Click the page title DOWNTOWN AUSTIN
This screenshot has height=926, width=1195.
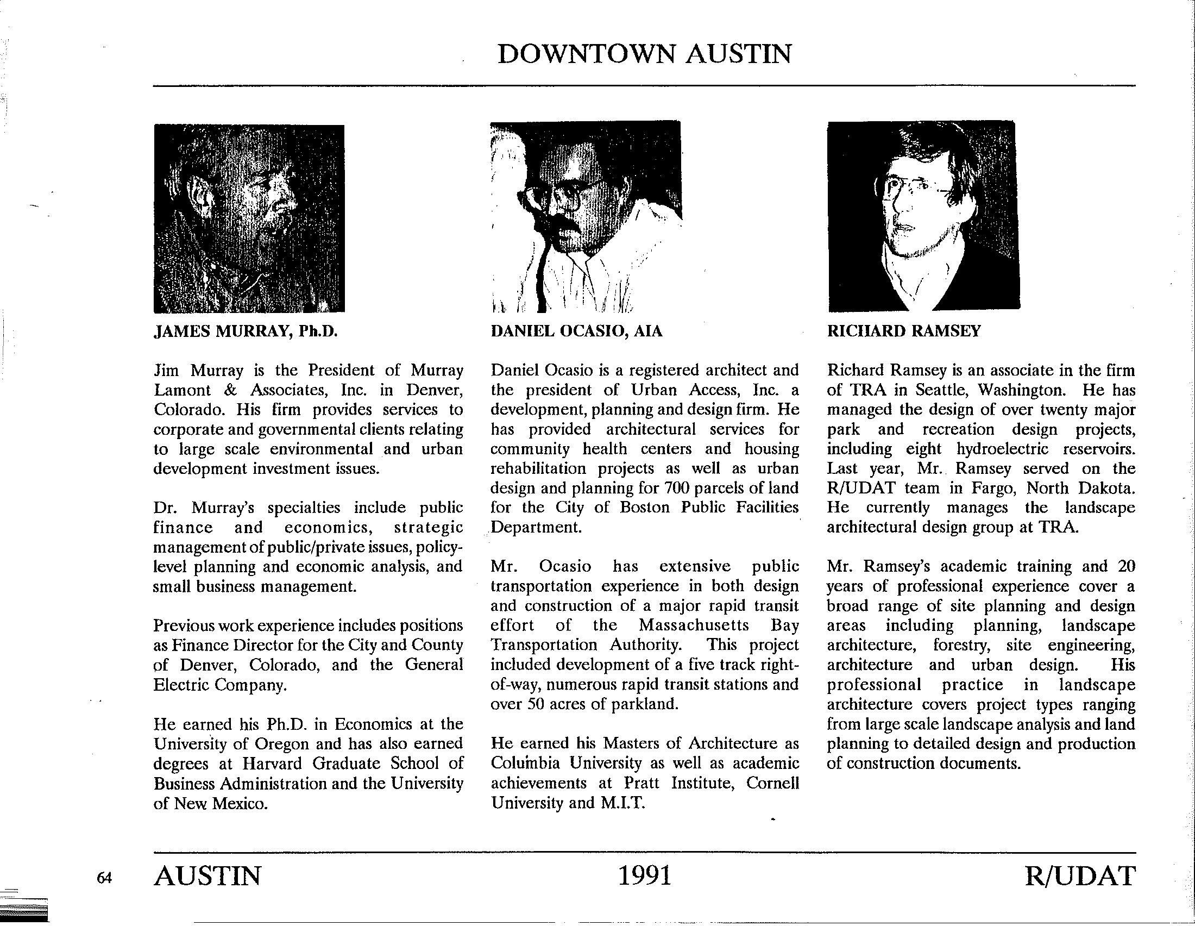pos(644,54)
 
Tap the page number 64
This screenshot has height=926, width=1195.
pos(104,877)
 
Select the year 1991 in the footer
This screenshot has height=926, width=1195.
pos(644,875)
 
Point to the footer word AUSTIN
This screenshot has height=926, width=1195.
pos(207,875)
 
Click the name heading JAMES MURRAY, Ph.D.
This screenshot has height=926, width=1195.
pos(243,331)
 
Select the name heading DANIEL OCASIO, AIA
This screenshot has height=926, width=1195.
pos(576,331)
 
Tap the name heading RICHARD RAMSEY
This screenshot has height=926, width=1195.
pos(903,331)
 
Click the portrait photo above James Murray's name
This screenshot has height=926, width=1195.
pos(249,218)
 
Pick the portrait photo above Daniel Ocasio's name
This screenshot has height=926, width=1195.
pos(586,217)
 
